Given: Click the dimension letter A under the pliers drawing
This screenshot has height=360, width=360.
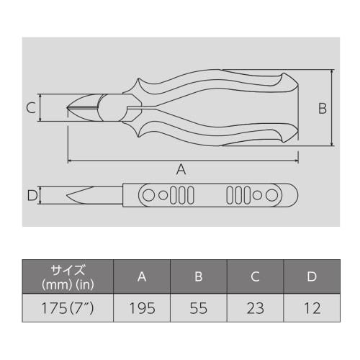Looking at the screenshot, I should point(181,169).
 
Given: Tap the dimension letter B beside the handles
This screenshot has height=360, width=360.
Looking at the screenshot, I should point(323,109).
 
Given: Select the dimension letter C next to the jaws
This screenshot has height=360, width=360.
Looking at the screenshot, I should point(31,109).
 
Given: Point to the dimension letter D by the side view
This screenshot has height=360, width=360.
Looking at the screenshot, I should point(31,195).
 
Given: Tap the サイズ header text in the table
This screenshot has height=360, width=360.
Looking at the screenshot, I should point(68,271).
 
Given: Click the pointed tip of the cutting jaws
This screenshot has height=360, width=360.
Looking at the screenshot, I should point(68,109).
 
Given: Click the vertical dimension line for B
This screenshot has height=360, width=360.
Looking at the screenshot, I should point(333,108).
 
